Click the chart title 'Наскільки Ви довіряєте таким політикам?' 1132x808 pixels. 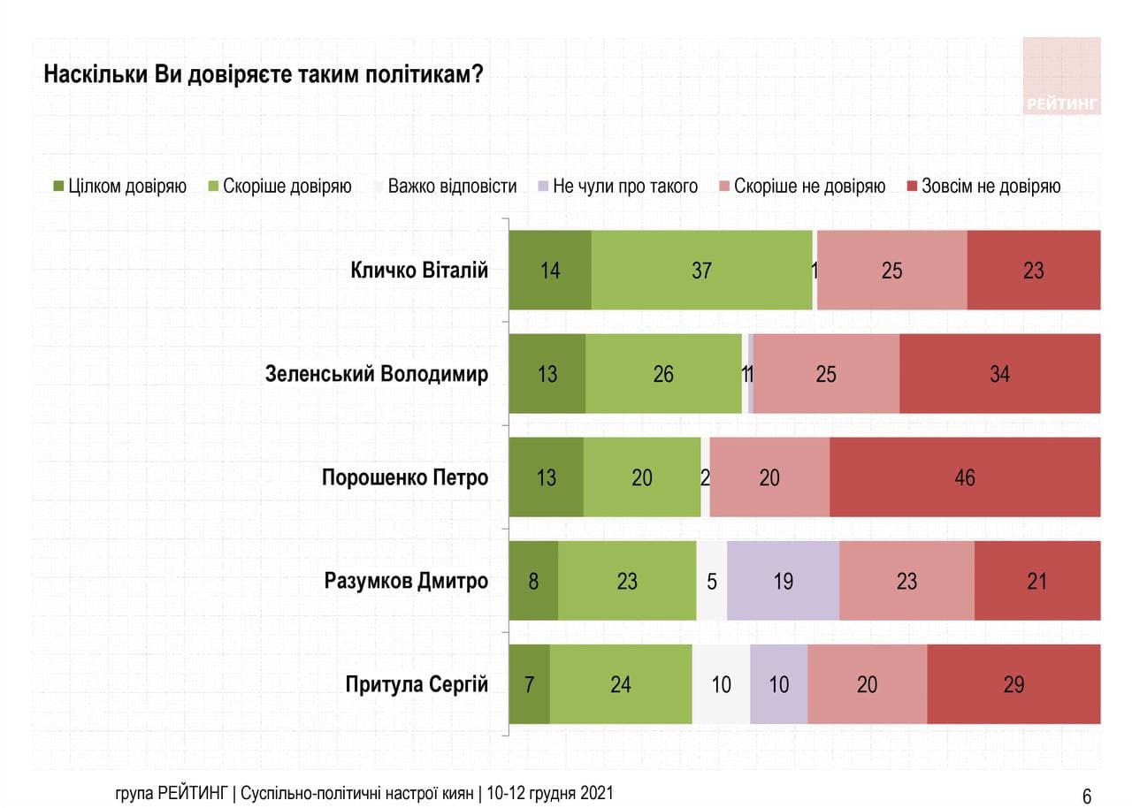pos(263,74)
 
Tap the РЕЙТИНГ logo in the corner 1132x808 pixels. pos(1061,77)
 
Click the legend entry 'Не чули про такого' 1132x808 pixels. pos(616,187)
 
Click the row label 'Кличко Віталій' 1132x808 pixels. pos(419,271)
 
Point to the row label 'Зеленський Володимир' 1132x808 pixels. pos(377,374)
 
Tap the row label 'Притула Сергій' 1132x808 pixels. pos(417,684)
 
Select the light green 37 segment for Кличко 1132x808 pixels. pos(701,271)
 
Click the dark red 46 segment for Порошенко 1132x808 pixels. pos(965,477)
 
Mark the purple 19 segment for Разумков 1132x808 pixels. pos(783,581)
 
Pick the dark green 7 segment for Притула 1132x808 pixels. pos(529,684)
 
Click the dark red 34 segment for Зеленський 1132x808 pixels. pos(999,374)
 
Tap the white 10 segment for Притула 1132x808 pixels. pos(721,684)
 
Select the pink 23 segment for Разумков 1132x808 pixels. pos(906,581)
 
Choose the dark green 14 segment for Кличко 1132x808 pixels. pos(550,271)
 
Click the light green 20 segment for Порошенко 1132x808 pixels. pos(642,477)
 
